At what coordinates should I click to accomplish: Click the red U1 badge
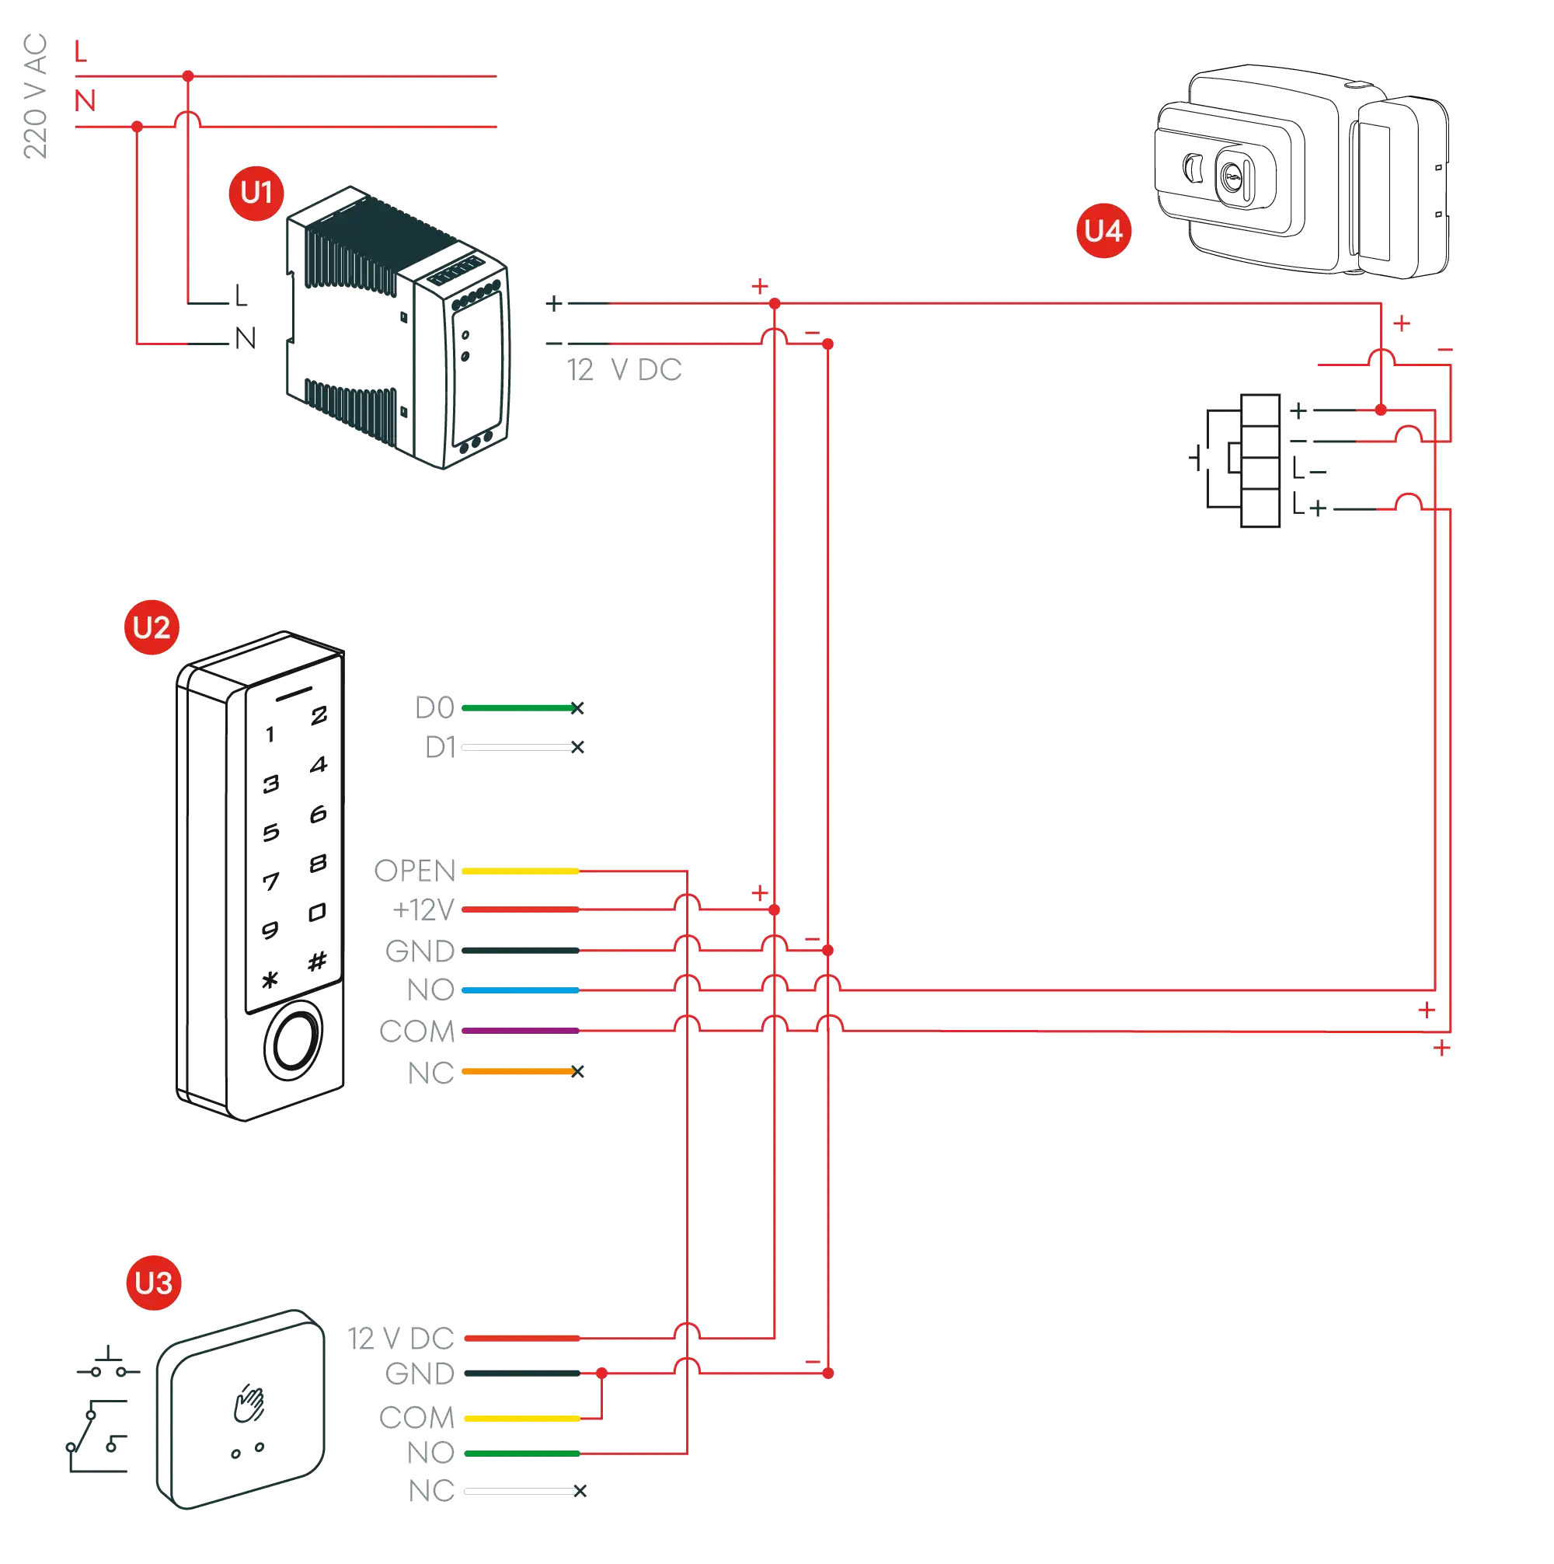[256, 193]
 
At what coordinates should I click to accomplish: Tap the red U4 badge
[1103, 231]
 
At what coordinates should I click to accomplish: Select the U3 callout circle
[153, 1283]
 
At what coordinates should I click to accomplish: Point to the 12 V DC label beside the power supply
[625, 371]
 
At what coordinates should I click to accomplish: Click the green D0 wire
[518, 708]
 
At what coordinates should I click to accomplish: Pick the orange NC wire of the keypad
[518, 1072]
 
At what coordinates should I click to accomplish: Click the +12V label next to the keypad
[423, 910]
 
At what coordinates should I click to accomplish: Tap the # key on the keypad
[316, 961]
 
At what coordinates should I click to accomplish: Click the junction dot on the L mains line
[188, 75]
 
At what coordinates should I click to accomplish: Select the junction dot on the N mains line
[138, 126]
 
